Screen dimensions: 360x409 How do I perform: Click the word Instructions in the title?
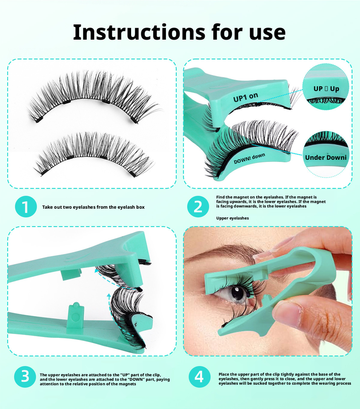click(x=139, y=32)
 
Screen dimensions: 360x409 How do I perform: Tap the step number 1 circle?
click(x=26, y=207)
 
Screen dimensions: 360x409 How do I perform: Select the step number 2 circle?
click(x=198, y=207)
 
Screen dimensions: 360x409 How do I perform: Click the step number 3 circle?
click(x=25, y=377)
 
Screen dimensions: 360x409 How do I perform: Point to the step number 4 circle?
click(x=199, y=377)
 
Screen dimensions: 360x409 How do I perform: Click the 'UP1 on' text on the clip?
click(x=246, y=97)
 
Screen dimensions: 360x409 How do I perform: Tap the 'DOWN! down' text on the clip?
click(x=249, y=158)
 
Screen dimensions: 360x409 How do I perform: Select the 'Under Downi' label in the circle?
click(x=326, y=157)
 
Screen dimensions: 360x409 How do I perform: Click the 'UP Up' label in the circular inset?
click(x=326, y=89)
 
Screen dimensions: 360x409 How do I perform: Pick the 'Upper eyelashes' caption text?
click(x=232, y=218)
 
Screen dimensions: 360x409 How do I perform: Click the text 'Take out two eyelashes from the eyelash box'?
click(x=93, y=207)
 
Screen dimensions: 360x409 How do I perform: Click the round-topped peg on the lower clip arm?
click(x=75, y=315)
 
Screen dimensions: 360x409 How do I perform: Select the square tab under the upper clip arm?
click(x=71, y=274)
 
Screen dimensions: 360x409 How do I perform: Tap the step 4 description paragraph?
click(x=285, y=379)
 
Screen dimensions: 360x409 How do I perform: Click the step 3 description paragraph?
click(x=105, y=379)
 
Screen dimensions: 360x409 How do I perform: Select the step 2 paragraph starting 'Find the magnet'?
click(x=271, y=202)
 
